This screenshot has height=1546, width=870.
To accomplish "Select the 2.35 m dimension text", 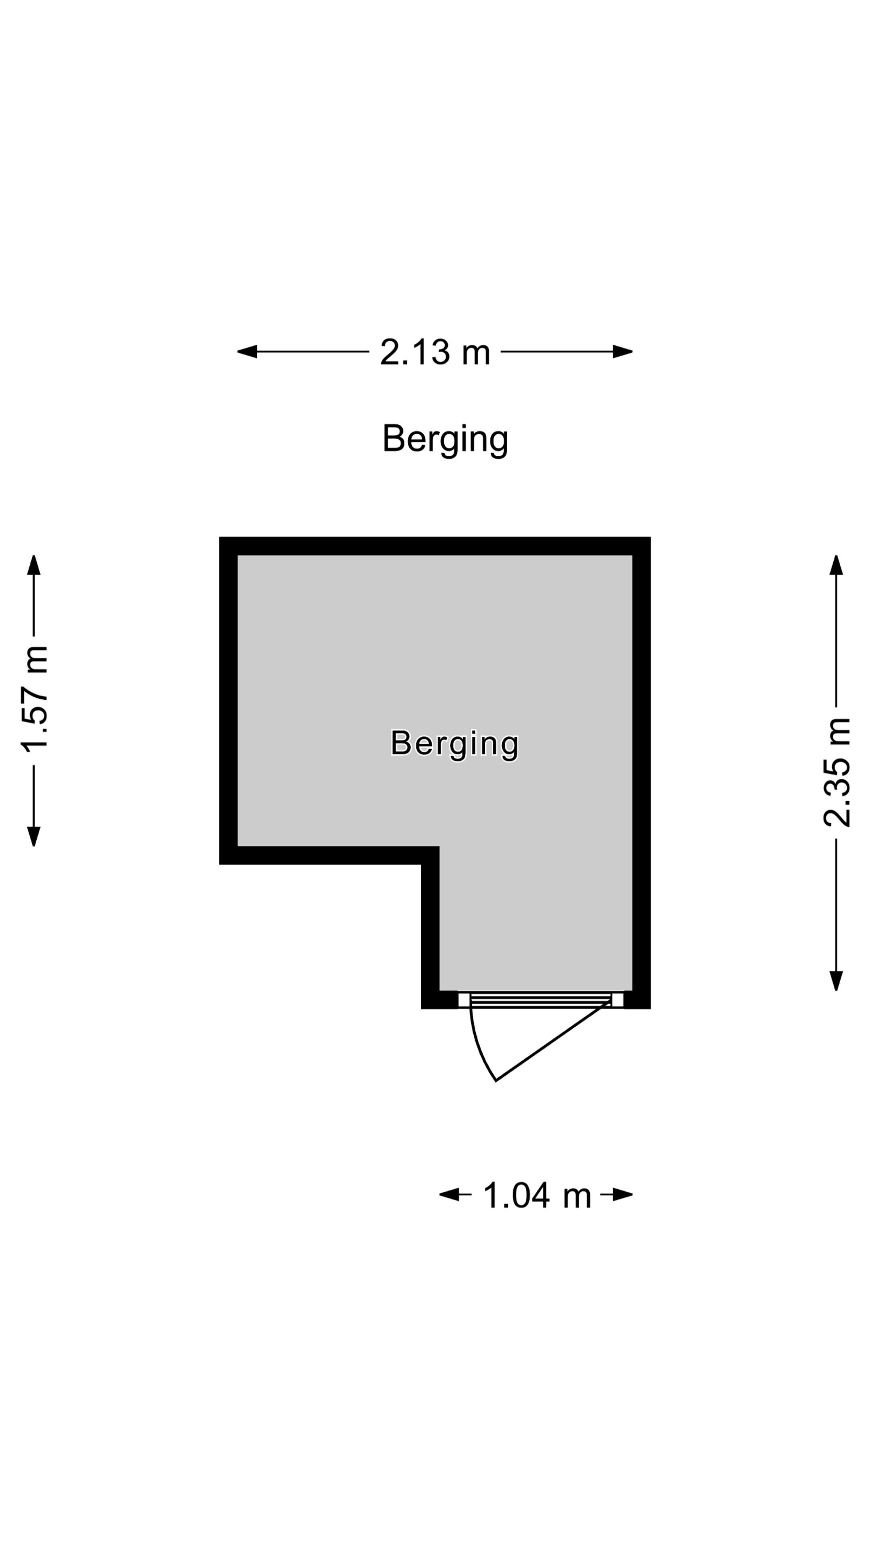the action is [837, 773].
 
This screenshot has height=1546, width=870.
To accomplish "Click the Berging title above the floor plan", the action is [445, 439].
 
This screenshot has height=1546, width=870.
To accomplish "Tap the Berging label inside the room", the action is [454, 744].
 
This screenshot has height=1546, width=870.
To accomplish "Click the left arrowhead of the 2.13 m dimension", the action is [247, 352].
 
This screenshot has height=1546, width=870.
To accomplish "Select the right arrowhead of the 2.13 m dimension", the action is [623, 352].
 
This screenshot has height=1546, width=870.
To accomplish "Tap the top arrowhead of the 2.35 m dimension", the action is [837, 565].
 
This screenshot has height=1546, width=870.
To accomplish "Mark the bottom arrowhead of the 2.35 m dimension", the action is [837, 981].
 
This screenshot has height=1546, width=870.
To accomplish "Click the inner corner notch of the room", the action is [439, 847].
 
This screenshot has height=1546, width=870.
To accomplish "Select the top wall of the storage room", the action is [435, 546].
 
